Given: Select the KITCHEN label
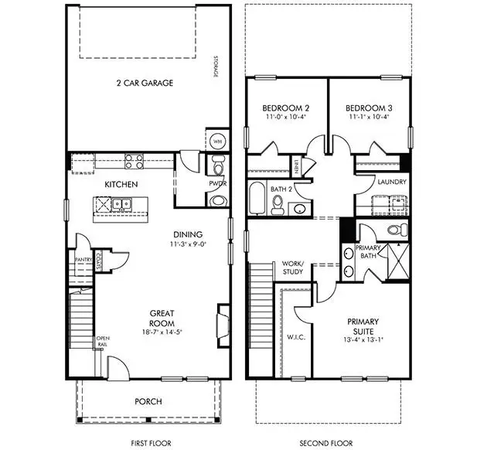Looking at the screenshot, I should (121, 185).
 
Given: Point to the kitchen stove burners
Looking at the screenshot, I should (133, 162).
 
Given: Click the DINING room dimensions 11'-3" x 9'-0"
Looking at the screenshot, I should (187, 244).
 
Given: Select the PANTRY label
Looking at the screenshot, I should (83, 260).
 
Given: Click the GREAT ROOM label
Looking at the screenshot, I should (162, 319).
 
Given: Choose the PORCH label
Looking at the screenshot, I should (148, 401).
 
